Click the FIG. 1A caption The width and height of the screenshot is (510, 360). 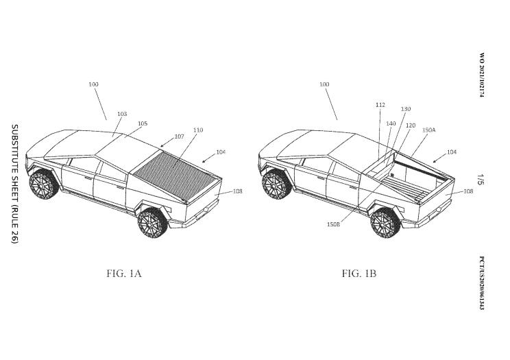[x=124, y=274]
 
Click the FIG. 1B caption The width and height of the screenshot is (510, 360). [x=359, y=274]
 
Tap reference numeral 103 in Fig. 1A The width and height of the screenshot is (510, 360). [x=122, y=114]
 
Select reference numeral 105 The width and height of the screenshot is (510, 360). [x=143, y=123]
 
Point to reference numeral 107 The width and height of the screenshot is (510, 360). [x=179, y=136]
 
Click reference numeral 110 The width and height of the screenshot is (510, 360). [x=198, y=130]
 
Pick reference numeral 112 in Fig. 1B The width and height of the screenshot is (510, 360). [x=380, y=105]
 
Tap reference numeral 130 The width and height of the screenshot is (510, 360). [x=406, y=109]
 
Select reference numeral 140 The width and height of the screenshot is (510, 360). [x=391, y=123]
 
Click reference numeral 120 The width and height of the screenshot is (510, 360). [x=411, y=126]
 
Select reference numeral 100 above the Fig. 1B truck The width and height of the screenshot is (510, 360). [x=324, y=84]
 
